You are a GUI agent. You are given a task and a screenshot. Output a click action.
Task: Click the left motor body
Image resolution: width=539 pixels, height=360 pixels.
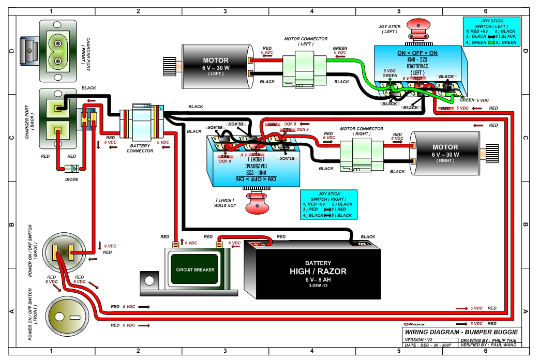pos(215,65)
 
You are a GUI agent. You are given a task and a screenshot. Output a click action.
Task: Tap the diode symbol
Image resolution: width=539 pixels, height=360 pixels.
pos(72,169)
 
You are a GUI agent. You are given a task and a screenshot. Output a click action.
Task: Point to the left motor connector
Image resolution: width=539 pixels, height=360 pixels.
pos(305,68)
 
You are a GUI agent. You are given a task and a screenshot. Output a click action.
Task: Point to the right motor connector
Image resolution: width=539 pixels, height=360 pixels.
pos(362,154)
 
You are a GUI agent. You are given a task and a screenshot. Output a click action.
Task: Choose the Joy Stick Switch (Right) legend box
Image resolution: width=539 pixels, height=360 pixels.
pos(328,204)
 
